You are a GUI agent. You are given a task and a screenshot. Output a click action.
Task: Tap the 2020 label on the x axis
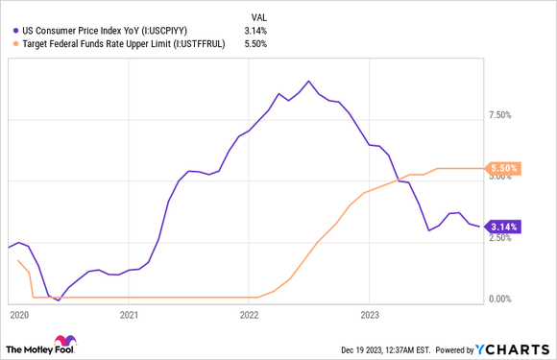point(18,314)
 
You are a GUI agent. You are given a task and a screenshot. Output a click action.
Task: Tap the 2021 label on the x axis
point(130,314)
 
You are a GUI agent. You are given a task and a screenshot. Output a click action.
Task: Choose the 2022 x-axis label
point(249,314)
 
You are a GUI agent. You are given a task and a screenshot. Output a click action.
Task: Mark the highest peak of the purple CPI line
point(308,81)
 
